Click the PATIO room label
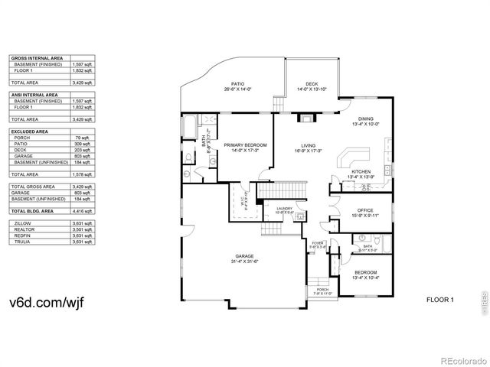click(x=237, y=86)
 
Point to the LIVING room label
click(x=309, y=147)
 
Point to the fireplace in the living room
click(x=308, y=119)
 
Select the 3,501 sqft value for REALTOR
click(x=83, y=229)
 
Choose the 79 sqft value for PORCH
click(x=85, y=138)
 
